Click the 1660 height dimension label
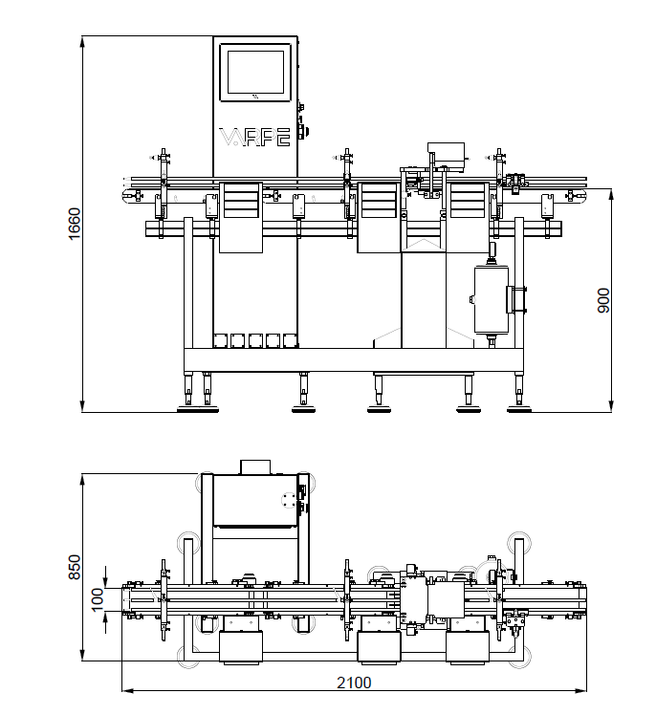pyautogui.click(x=74, y=223)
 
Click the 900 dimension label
pyautogui.click(x=603, y=300)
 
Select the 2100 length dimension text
pyautogui.click(x=354, y=682)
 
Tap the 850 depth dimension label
pyautogui.click(x=74, y=567)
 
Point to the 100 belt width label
pyautogui.click(x=98, y=599)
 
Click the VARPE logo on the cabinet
pyautogui.click(x=254, y=137)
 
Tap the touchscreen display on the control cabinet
pyautogui.click(x=255, y=72)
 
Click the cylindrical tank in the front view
pyautogui.click(x=492, y=299)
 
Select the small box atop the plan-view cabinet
pyautogui.click(x=255, y=466)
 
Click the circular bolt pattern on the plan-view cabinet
pyautogui.click(x=288, y=499)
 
